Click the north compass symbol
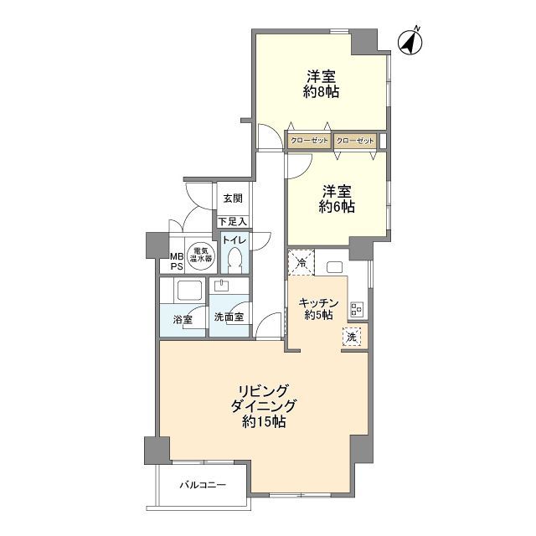click(410, 42)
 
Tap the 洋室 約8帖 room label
click(321, 84)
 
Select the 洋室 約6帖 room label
click(337, 199)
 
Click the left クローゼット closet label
click(309, 141)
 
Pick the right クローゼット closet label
click(355, 141)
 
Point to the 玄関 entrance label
click(233, 198)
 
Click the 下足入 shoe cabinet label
click(233, 221)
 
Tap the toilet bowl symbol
click(234, 259)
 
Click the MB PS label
click(177, 261)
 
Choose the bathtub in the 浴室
click(188, 291)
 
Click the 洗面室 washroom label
click(229, 317)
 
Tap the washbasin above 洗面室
click(223, 286)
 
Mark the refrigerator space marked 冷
click(301, 262)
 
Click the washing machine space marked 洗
click(352, 337)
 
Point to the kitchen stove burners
click(357, 309)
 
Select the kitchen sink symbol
click(335, 266)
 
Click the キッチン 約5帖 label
click(318, 309)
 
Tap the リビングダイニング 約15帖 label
click(264, 406)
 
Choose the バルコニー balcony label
click(203, 485)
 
